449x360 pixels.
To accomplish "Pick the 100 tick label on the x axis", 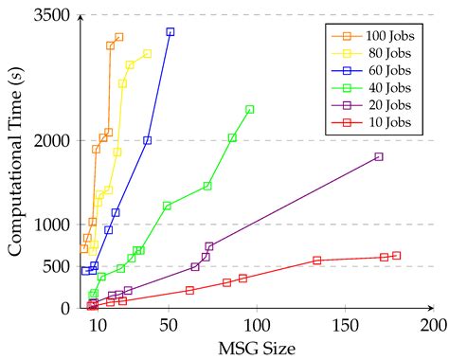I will pos(257,325).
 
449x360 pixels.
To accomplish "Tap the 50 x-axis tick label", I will pos(170,325).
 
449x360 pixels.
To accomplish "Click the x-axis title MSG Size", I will pos(257,348).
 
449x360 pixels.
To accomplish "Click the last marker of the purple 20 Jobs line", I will pos(378,156).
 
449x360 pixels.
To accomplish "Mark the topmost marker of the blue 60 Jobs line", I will pos(171,32).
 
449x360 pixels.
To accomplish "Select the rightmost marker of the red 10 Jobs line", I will pos(396,255).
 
